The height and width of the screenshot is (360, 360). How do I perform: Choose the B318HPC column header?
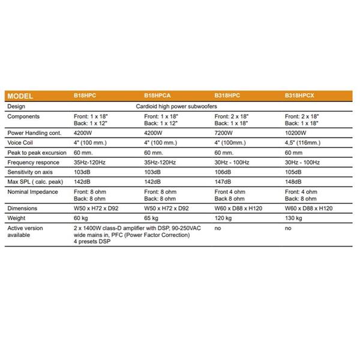click(227, 96)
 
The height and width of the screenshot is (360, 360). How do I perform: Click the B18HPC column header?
click(84, 96)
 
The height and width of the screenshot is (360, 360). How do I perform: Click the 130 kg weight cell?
click(293, 218)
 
